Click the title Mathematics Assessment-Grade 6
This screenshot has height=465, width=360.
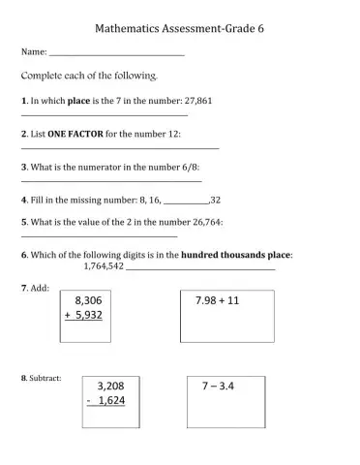point(181,29)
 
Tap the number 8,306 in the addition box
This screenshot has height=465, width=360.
point(88,300)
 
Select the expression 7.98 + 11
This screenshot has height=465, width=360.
point(217,300)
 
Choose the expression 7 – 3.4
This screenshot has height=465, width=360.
point(219,386)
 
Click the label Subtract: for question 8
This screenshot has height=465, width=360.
point(44,378)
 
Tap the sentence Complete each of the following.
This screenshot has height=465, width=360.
point(88,75)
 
